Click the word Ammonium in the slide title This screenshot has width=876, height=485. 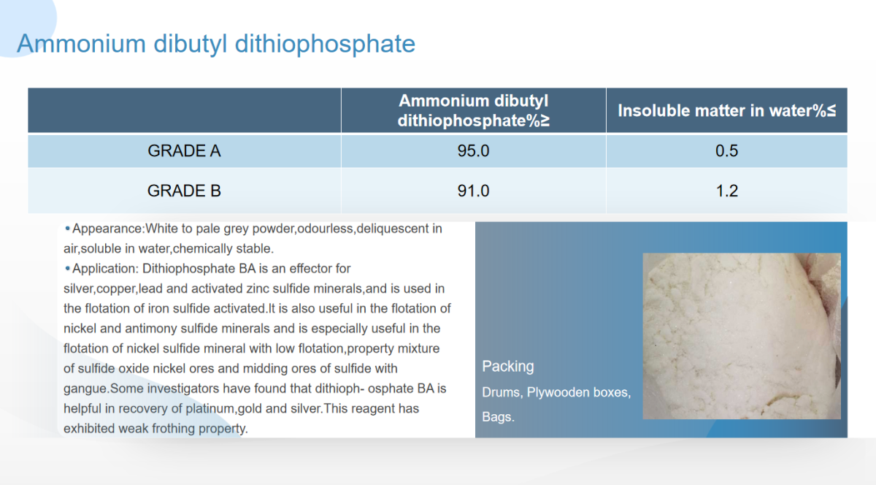(x=81, y=43)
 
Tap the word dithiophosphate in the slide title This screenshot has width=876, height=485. (x=325, y=44)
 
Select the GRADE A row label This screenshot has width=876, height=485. (x=184, y=151)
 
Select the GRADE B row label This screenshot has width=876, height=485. (x=184, y=191)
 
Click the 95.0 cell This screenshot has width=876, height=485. (x=473, y=151)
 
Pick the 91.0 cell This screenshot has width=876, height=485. (x=473, y=191)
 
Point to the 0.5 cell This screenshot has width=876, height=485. (x=726, y=151)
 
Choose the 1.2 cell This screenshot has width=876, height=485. (x=726, y=191)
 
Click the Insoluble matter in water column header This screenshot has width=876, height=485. (x=726, y=111)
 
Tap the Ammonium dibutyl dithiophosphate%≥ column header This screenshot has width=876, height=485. (x=473, y=111)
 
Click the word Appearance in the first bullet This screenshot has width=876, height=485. (x=107, y=229)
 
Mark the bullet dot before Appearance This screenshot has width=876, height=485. (x=68, y=228)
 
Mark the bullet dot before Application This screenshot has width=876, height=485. (x=68, y=268)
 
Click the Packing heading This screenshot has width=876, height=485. (x=507, y=367)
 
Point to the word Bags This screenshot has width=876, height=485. (x=498, y=417)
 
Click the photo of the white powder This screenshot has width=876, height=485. (x=742, y=336)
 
